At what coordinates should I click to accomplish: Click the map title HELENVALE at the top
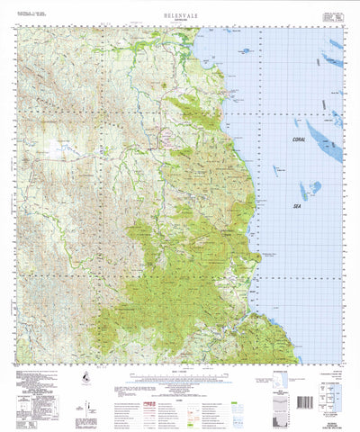[x=179, y=14]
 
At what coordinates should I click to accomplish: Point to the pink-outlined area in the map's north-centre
[x=167, y=137]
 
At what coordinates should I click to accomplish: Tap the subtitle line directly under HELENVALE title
[x=179, y=22]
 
